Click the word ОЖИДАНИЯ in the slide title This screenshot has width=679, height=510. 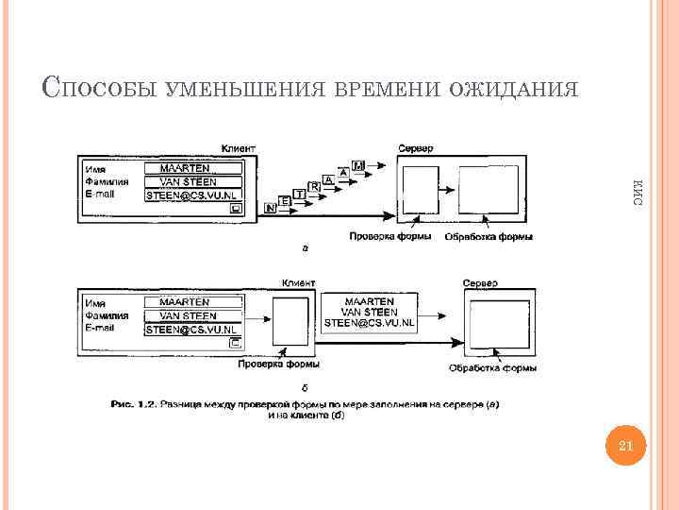pyautogui.click(x=513, y=89)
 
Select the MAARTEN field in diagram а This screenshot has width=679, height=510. pyautogui.click(x=192, y=169)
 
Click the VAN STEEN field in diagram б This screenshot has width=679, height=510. pyautogui.click(x=192, y=315)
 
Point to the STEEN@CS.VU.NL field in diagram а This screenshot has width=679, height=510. pyautogui.click(x=192, y=195)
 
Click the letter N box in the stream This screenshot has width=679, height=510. pyautogui.click(x=272, y=205)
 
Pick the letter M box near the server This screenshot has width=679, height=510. pyautogui.click(x=357, y=166)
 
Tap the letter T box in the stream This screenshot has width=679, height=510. pyautogui.click(x=300, y=194)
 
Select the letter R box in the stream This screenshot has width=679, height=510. pyautogui.click(x=315, y=187)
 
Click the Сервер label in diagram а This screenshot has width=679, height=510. pyautogui.click(x=416, y=148)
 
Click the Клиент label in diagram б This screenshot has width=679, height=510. pyautogui.click(x=298, y=282)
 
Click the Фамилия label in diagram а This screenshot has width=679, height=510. pyautogui.click(x=101, y=181)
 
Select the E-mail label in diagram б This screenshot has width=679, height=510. pyautogui.click(x=99, y=328)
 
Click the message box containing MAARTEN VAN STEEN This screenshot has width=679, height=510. pyautogui.click(x=369, y=312)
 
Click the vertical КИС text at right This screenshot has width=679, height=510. pyautogui.click(x=638, y=194)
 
